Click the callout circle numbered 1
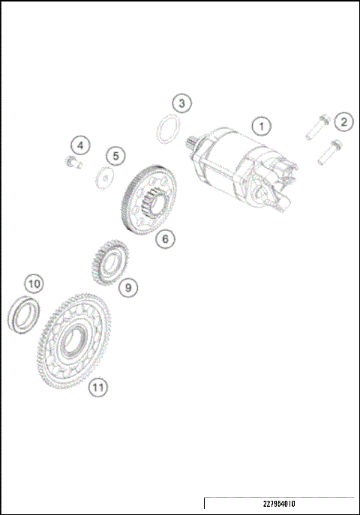click(260, 126)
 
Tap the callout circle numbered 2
click(343, 121)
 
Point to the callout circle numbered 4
click(80, 144)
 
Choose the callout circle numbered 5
click(115, 156)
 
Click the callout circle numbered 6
click(165, 239)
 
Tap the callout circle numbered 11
click(97, 387)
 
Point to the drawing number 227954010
click(279, 504)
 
